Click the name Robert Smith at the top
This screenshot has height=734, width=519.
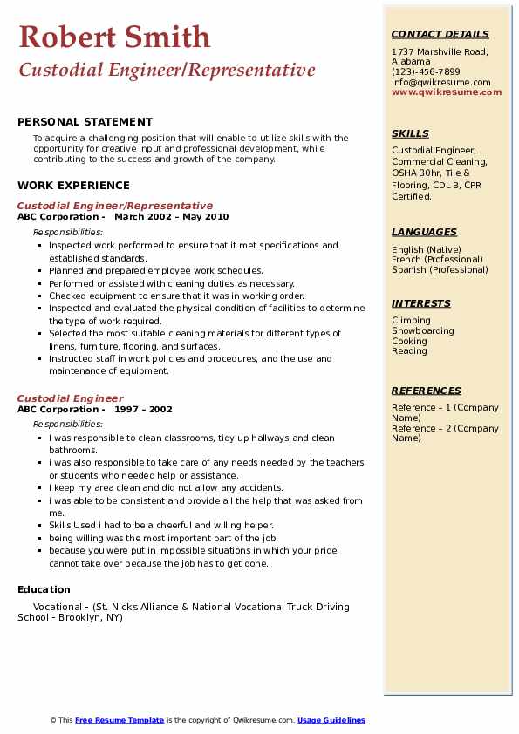114,37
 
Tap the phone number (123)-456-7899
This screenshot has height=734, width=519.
426,71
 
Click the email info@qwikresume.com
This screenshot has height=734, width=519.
440,82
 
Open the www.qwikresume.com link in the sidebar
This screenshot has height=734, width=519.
447,92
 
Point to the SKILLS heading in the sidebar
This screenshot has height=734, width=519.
410,133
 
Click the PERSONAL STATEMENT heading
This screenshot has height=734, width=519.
85,122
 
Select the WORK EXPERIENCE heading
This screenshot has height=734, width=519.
73,185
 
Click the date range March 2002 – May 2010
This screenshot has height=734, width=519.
171,217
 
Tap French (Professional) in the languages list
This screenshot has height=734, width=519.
437,260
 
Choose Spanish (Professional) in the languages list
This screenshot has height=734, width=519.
440,269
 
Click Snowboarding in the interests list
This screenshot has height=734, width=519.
422,331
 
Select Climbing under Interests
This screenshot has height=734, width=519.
411,321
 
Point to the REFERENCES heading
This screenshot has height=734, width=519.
426,391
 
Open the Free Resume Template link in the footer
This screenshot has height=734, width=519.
120,720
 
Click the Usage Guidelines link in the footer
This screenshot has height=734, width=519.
331,720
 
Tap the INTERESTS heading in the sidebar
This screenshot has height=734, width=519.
421,303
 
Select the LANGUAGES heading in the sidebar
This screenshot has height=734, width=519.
424,232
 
